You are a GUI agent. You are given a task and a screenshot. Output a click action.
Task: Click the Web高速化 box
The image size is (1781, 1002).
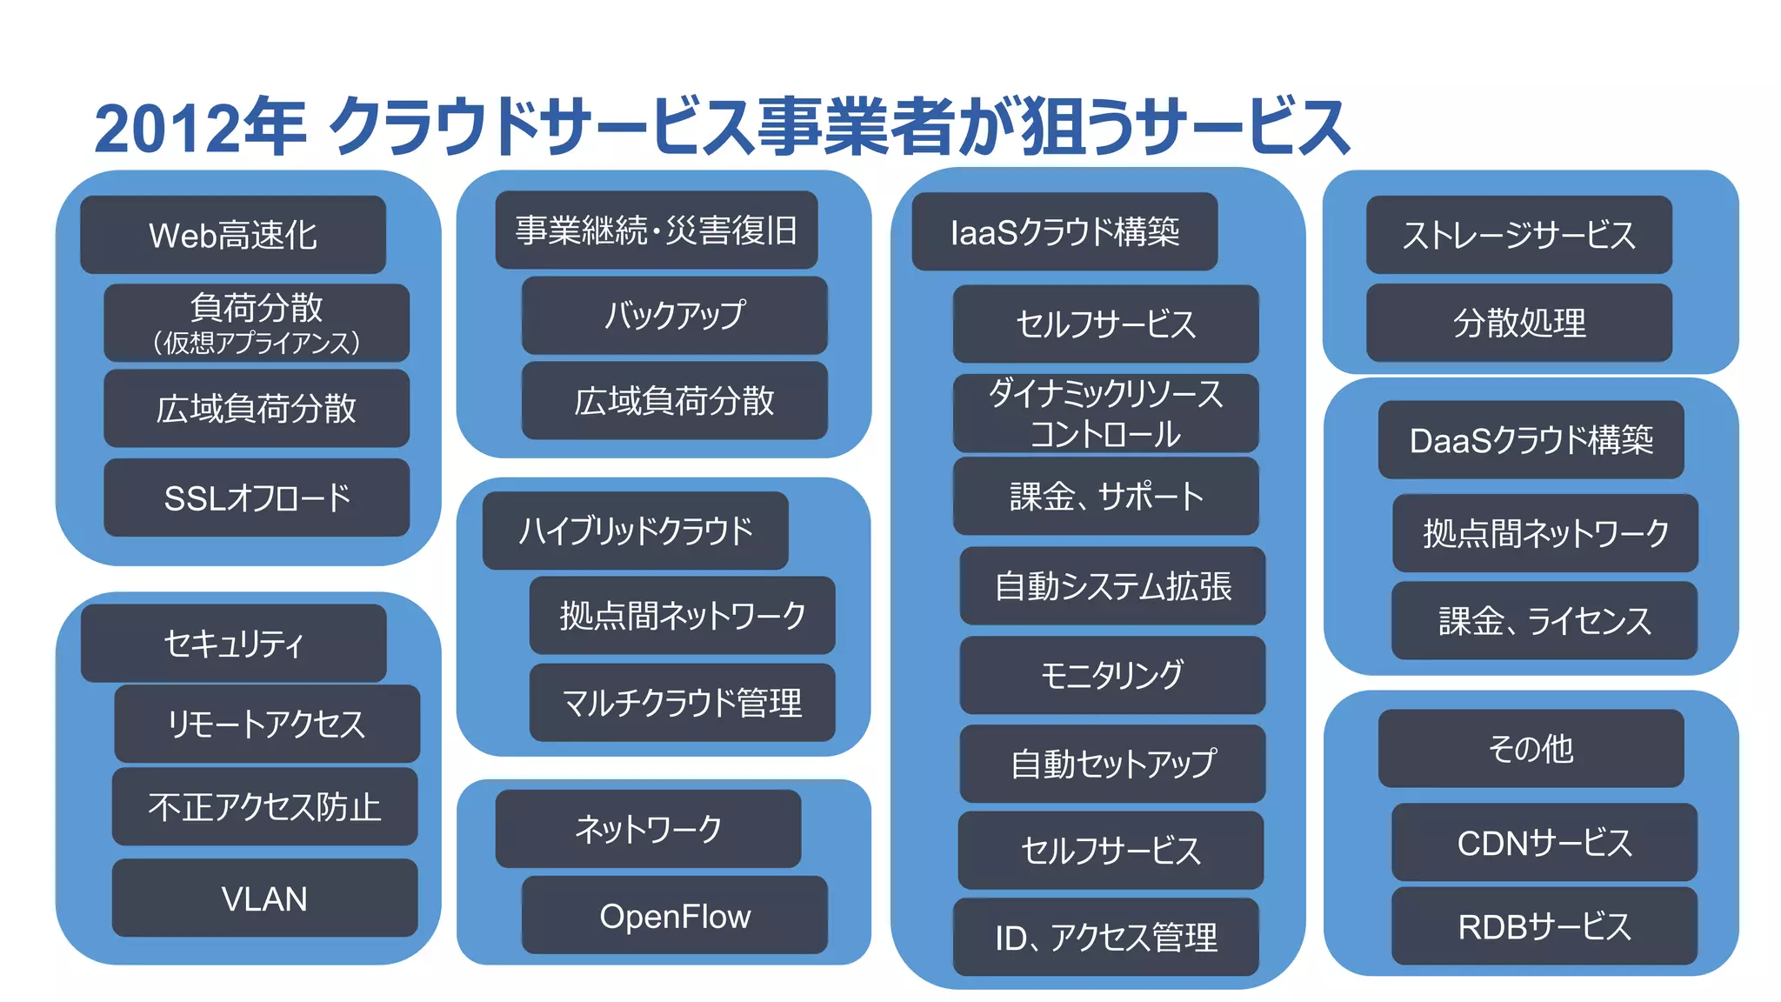tap(233, 235)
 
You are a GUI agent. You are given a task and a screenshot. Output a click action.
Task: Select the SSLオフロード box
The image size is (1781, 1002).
tap(257, 498)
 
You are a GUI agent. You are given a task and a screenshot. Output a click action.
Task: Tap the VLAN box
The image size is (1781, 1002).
tap(264, 898)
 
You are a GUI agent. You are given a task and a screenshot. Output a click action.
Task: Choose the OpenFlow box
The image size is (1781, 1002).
tap(674, 915)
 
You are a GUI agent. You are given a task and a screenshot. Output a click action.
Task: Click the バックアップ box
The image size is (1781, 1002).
tap(674, 315)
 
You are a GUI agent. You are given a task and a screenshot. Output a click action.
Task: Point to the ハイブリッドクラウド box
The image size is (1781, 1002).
tap(635, 531)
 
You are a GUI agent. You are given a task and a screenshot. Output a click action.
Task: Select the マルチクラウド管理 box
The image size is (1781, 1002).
tap(682, 703)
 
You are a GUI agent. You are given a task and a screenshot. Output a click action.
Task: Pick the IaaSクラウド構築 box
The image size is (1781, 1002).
tap(1064, 231)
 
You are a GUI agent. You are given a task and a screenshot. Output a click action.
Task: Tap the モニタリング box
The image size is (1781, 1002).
tap(1111, 675)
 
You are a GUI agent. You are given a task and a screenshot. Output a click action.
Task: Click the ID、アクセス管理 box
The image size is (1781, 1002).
tap(1105, 937)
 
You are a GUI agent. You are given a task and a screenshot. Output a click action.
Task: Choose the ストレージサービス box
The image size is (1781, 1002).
tap(1518, 235)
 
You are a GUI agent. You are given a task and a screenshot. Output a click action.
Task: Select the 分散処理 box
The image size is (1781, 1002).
tap(1518, 323)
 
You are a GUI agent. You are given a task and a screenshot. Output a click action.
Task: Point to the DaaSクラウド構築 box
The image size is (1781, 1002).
tap(1531, 440)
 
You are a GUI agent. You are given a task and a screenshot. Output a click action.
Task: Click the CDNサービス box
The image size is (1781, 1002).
tap(1544, 842)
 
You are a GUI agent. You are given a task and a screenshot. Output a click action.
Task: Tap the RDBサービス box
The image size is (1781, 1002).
tap(1544, 926)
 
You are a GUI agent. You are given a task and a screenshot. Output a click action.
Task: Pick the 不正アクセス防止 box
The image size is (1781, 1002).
tap(264, 806)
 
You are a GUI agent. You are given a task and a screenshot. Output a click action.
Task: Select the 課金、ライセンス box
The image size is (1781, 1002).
tap(1544, 621)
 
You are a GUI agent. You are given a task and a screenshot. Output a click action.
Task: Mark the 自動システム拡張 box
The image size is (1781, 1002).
tap(1111, 586)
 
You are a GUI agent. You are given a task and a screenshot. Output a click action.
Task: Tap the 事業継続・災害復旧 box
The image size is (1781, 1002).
tap(656, 230)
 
